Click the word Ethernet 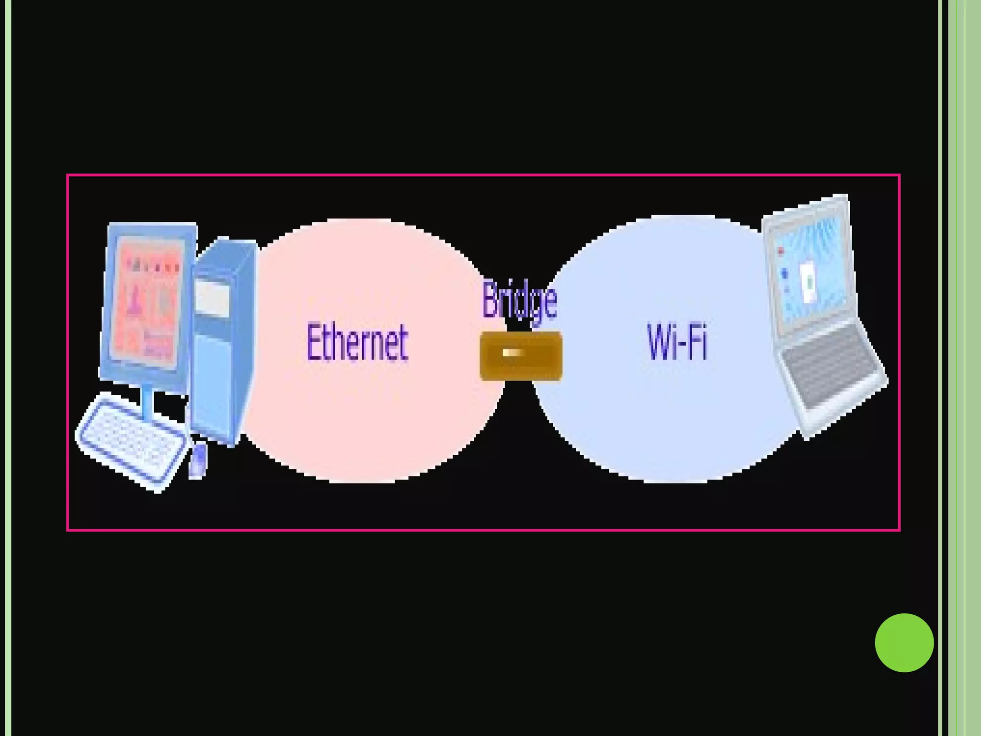[357, 342]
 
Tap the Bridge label [519, 301]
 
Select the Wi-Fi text [677, 341]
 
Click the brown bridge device [521, 356]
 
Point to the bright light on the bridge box [513, 353]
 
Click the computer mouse [198, 460]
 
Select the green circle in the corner [904, 643]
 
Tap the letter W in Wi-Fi [659, 341]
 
